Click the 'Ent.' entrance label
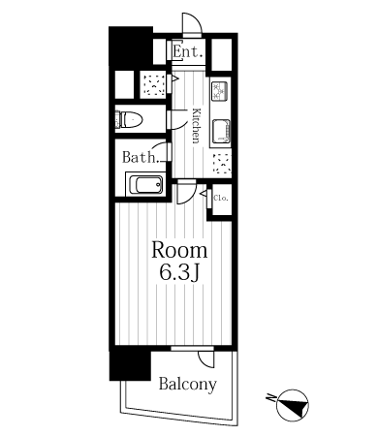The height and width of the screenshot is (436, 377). [188, 51]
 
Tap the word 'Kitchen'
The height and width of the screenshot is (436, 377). [197, 126]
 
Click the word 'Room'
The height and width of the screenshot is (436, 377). [179, 250]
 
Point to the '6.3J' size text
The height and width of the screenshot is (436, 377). [178, 274]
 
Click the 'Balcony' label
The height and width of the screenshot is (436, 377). [188, 385]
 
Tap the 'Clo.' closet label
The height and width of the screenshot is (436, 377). [221, 198]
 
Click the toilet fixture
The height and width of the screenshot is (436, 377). [129, 119]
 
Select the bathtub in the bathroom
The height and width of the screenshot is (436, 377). [146, 184]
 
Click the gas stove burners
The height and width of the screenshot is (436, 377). [220, 91]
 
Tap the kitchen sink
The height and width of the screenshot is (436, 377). [222, 132]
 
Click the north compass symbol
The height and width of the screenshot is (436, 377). [293, 405]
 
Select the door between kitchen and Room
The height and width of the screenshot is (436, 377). [187, 193]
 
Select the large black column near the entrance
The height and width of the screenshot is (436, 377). [131, 47]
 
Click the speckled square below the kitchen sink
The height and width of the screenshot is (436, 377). [222, 164]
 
